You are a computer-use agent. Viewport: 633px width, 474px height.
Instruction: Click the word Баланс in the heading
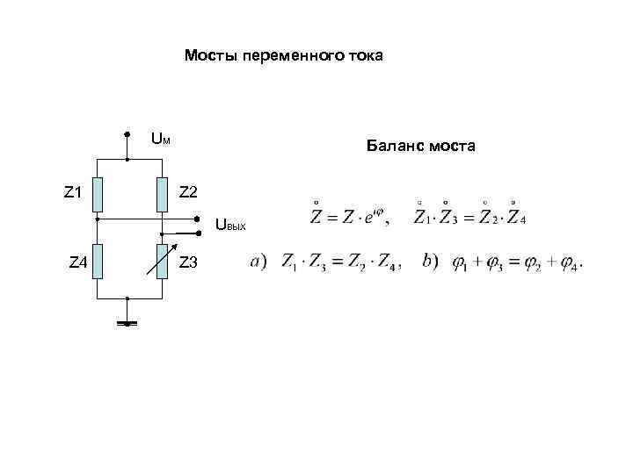point(396,147)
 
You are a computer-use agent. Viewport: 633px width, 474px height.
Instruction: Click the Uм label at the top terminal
point(160,138)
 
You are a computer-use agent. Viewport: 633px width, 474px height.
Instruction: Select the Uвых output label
point(230,226)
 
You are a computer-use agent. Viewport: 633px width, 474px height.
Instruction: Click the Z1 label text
point(73,191)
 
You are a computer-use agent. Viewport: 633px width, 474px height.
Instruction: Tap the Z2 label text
point(188,191)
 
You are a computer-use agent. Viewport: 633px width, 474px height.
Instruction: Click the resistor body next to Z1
point(98,194)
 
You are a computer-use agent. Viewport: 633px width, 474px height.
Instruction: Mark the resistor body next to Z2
point(162,194)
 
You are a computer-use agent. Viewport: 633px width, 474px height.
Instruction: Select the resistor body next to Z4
point(98,261)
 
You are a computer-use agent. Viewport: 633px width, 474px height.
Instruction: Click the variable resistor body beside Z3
point(162,261)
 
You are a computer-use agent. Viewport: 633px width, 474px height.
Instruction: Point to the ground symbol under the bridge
point(128,323)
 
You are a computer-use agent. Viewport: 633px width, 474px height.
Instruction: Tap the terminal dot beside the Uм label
point(128,135)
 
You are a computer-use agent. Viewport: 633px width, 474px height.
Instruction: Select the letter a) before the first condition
point(258,262)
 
